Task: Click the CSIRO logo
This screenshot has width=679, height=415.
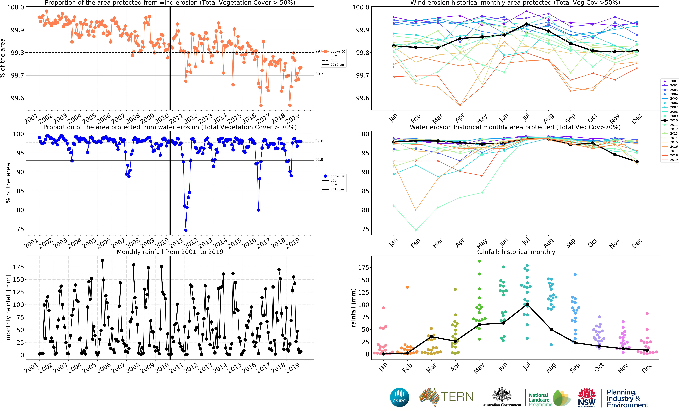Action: [x=399, y=397]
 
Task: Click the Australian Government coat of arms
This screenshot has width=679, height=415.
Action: [x=502, y=395]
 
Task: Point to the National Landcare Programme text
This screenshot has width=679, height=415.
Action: [x=539, y=400]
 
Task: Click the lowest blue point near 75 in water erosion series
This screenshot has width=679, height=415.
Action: [x=186, y=230]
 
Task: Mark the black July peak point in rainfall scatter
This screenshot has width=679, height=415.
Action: [x=527, y=304]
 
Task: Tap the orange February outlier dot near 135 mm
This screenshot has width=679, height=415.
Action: [x=407, y=287]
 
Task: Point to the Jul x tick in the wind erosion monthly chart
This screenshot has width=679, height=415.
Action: [x=526, y=117]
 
